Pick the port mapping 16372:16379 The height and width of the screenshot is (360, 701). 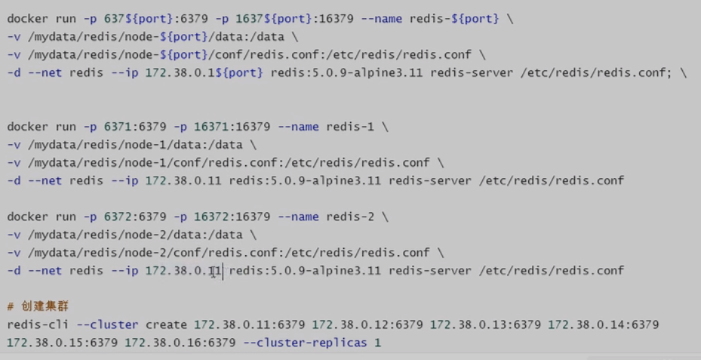coord(226,217)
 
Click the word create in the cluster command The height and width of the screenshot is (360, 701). coord(167,325)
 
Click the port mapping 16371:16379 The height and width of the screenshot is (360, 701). coord(226,127)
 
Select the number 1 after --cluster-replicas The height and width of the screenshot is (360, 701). coord(378,343)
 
